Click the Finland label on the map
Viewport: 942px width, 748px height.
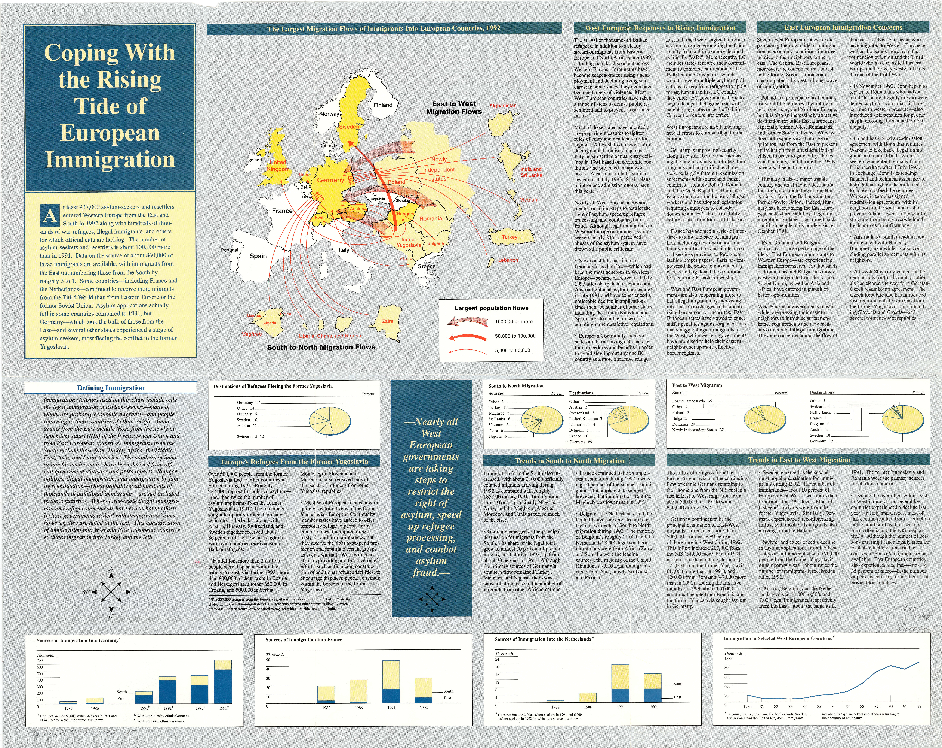[x=383, y=105]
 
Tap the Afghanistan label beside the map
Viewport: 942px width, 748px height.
[x=502, y=105]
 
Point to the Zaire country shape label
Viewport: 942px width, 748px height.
[x=388, y=321]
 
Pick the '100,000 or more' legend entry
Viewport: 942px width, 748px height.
[x=513, y=321]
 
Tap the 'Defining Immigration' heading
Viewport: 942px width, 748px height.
[x=111, y=388]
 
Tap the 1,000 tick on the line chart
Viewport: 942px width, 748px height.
[x=729, y=658]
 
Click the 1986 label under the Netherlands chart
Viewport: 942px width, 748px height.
[x=588, y=707]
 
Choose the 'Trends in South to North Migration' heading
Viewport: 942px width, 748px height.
[x=569, y=461]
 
